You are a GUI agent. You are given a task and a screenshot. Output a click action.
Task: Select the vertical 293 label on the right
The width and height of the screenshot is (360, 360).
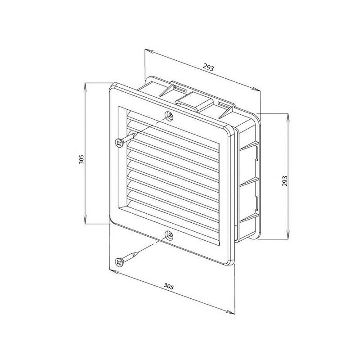(285, 181)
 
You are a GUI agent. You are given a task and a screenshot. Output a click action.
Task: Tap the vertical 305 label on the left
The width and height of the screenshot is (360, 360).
(81, 159)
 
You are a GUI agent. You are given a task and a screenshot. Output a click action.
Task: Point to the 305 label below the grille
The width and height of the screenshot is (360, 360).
(168, 286)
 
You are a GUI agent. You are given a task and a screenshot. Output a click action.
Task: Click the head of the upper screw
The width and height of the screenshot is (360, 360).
(120, 144)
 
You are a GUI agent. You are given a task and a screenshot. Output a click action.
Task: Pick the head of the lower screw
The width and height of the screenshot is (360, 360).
(120, 262)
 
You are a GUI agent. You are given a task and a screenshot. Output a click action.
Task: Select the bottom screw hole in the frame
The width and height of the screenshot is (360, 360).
(169, 235)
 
